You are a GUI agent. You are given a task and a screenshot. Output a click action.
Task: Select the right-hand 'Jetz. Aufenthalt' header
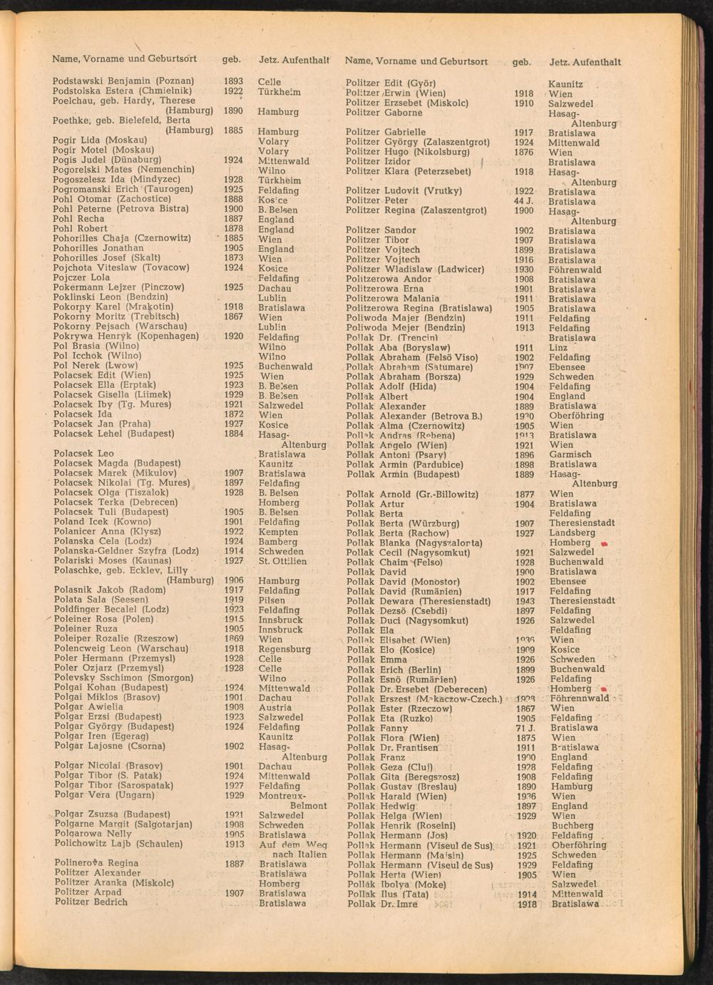pos(585,62)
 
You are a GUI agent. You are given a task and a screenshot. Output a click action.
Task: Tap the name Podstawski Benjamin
pos(101,81)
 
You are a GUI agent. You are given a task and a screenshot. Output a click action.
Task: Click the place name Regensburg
pos(284,650)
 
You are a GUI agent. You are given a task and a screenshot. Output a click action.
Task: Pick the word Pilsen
pos(272,601)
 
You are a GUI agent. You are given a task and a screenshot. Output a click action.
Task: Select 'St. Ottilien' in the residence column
pos(282,561)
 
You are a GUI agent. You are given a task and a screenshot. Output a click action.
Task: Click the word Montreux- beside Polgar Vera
pos(282,795)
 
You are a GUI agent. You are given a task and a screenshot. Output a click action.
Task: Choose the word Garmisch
pos(570,454)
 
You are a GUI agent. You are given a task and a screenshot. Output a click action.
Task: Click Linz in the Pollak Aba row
pos(558,347)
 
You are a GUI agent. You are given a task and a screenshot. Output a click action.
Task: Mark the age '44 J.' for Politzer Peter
pos(524,201)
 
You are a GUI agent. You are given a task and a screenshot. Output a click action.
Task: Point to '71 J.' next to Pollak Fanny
pos(525,728)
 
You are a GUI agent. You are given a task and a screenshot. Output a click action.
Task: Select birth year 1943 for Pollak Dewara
pos(525,601)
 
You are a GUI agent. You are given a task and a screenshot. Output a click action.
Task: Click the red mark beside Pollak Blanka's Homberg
pos(604,543)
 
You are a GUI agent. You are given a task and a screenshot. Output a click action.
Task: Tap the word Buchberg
pos(572,826)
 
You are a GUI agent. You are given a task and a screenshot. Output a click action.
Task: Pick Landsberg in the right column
pos(572,533)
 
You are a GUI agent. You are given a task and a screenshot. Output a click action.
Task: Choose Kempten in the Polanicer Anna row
pos(278,532)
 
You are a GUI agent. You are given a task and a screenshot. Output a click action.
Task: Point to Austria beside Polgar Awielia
pos(275,708)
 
